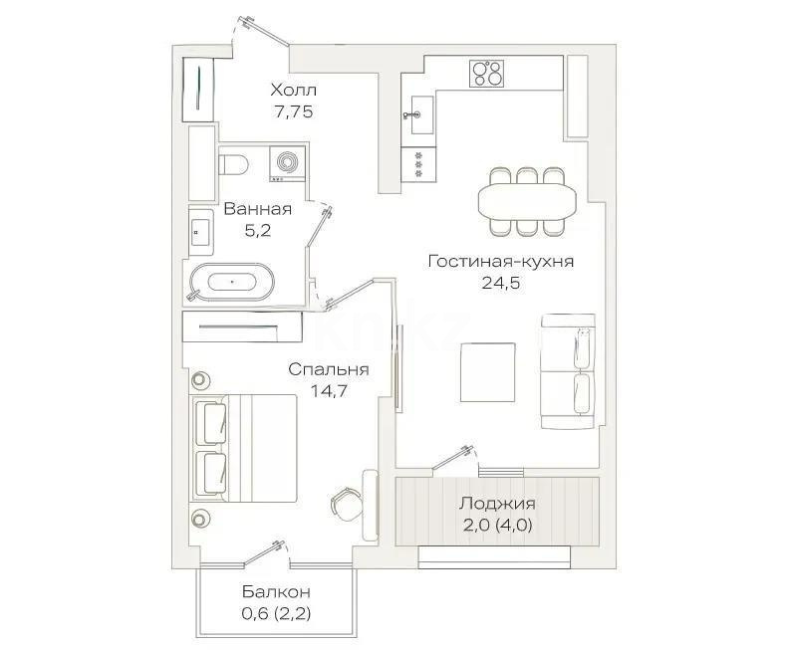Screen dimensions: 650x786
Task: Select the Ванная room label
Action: tap(257, 209)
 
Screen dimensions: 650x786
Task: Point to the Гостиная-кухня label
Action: tap(500, 261)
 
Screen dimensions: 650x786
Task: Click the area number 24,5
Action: tap(500, 283)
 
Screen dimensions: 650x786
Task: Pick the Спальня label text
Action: tap(329, 369)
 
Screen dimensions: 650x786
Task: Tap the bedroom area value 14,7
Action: tap(329, 391)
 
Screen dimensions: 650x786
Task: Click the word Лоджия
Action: tap(497, 503)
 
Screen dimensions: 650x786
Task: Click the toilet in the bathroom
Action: tap(232, 163)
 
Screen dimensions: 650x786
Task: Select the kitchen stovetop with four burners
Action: tap(487, 72)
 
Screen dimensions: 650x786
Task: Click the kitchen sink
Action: tap(419, 115)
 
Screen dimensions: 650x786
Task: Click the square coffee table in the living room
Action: tap(488, 371)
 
